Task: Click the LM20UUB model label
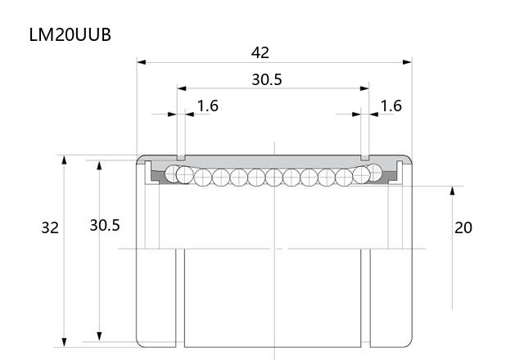pyautogui.click(x=70, y=34)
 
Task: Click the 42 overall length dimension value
pyautogui.click(x=260, y=52)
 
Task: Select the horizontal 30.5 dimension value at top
pyautogui.click(x=267, y=79)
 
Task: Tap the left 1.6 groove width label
pyautogui.click(x=207, y=106)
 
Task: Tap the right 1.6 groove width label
pyautogui.click(x=391, y=106)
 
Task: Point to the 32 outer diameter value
pyautogui.click(x=50, y=227)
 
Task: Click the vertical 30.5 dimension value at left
pyautogui.click(x=105, y=226)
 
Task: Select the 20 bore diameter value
pyautogui.click(x=463, y=227)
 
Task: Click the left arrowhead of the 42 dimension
pyautogui.click(x=142, y=62)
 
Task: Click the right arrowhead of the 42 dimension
pyautogui.click(x=408, y=62)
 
